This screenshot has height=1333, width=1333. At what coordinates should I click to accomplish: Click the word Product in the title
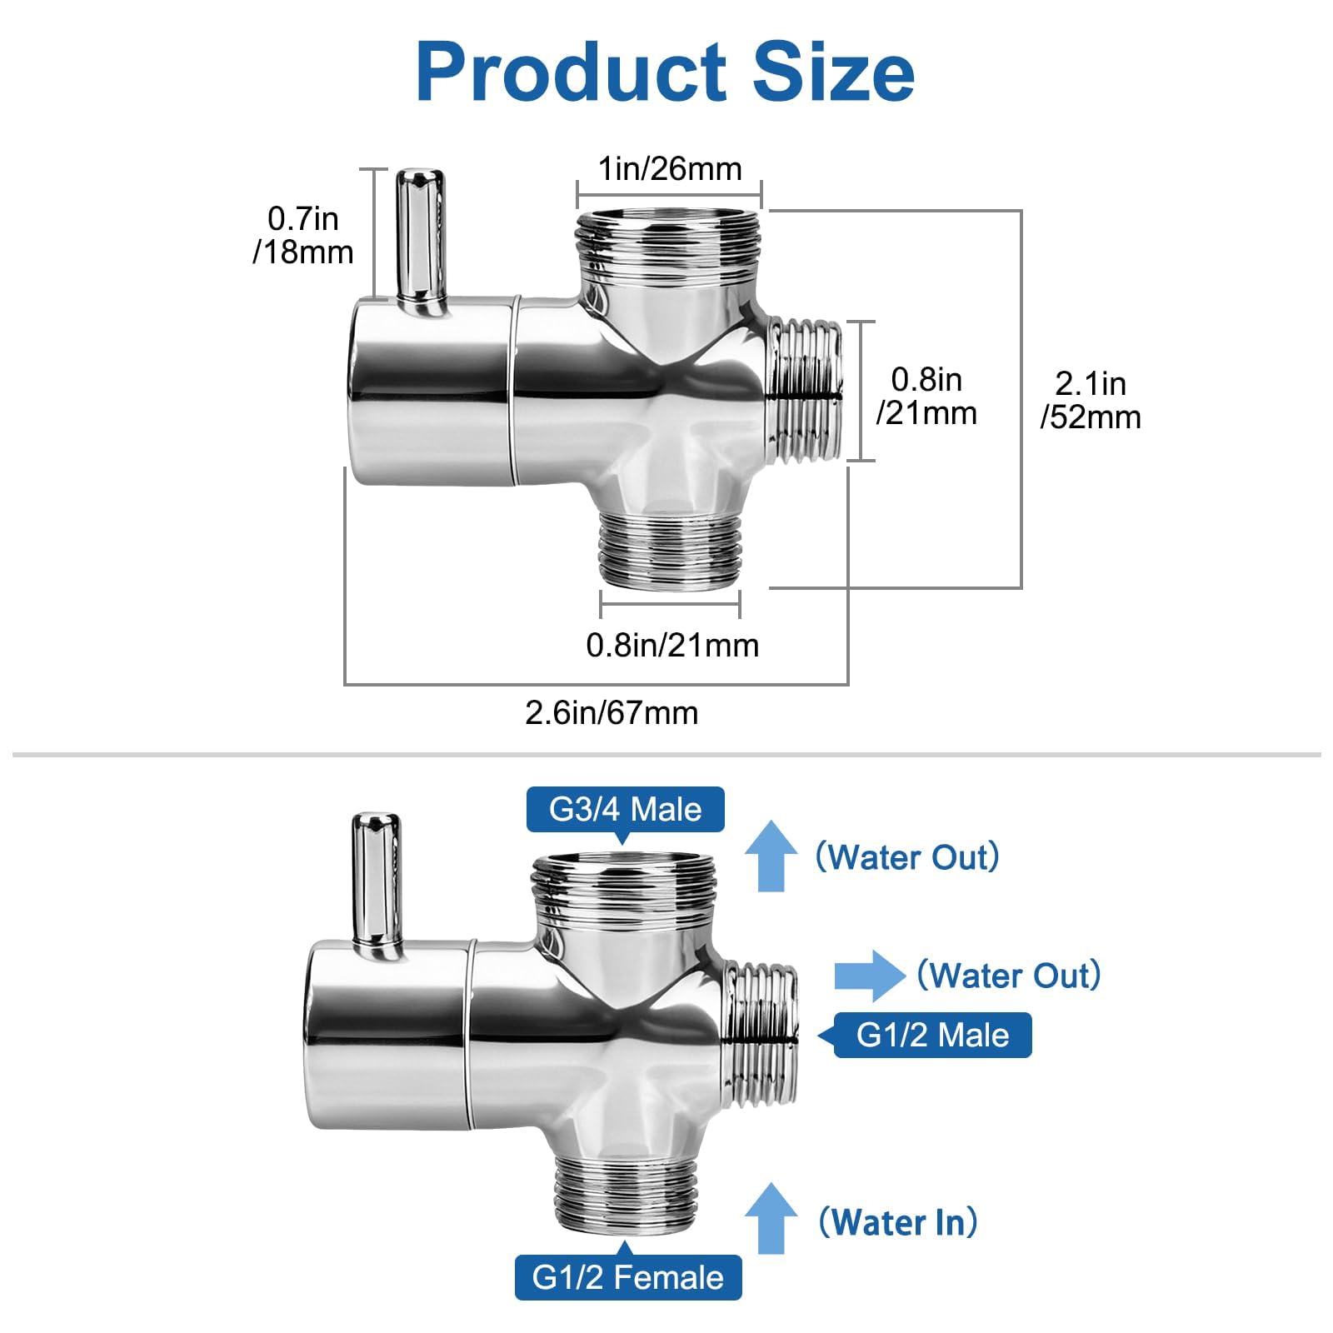pyautogui.click(x=572, y=73)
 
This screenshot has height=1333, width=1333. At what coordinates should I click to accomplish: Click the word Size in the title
pyautogui.click(x=833, y=72)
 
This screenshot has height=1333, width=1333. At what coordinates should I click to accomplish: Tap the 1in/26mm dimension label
pyautogui.click(x=670, y=169)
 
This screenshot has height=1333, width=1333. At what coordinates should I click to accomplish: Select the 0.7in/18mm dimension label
pyautogui.click(x=303, y=235)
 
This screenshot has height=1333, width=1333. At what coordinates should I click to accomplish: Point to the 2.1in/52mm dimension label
pyautogui.click(x=1091, y=400)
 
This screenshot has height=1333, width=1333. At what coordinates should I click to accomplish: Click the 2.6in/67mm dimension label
pyautogui.click(x=612, y=713)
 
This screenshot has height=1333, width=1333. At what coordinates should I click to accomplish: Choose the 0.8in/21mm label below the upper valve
pyautogui.click(x=672, y=645)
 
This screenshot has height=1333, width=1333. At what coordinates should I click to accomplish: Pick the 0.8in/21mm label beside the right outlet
pyautogui.click(x=926, y=396)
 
